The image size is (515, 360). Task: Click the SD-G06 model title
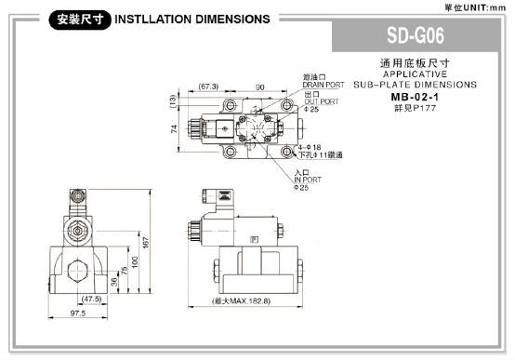[416, 35]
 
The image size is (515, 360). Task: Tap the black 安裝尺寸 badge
[80, 20]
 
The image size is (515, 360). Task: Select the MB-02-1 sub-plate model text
[415, 97]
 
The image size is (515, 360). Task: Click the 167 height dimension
[146, 242]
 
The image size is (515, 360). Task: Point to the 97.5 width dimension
[78, 313]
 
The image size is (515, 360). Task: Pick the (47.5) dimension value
[91, 299]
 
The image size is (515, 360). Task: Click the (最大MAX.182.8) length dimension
[242, 300]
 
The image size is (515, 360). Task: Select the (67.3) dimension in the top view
[208, 87]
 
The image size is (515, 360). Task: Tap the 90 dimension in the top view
[259, 87]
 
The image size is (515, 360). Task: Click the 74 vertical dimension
[174, 128]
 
